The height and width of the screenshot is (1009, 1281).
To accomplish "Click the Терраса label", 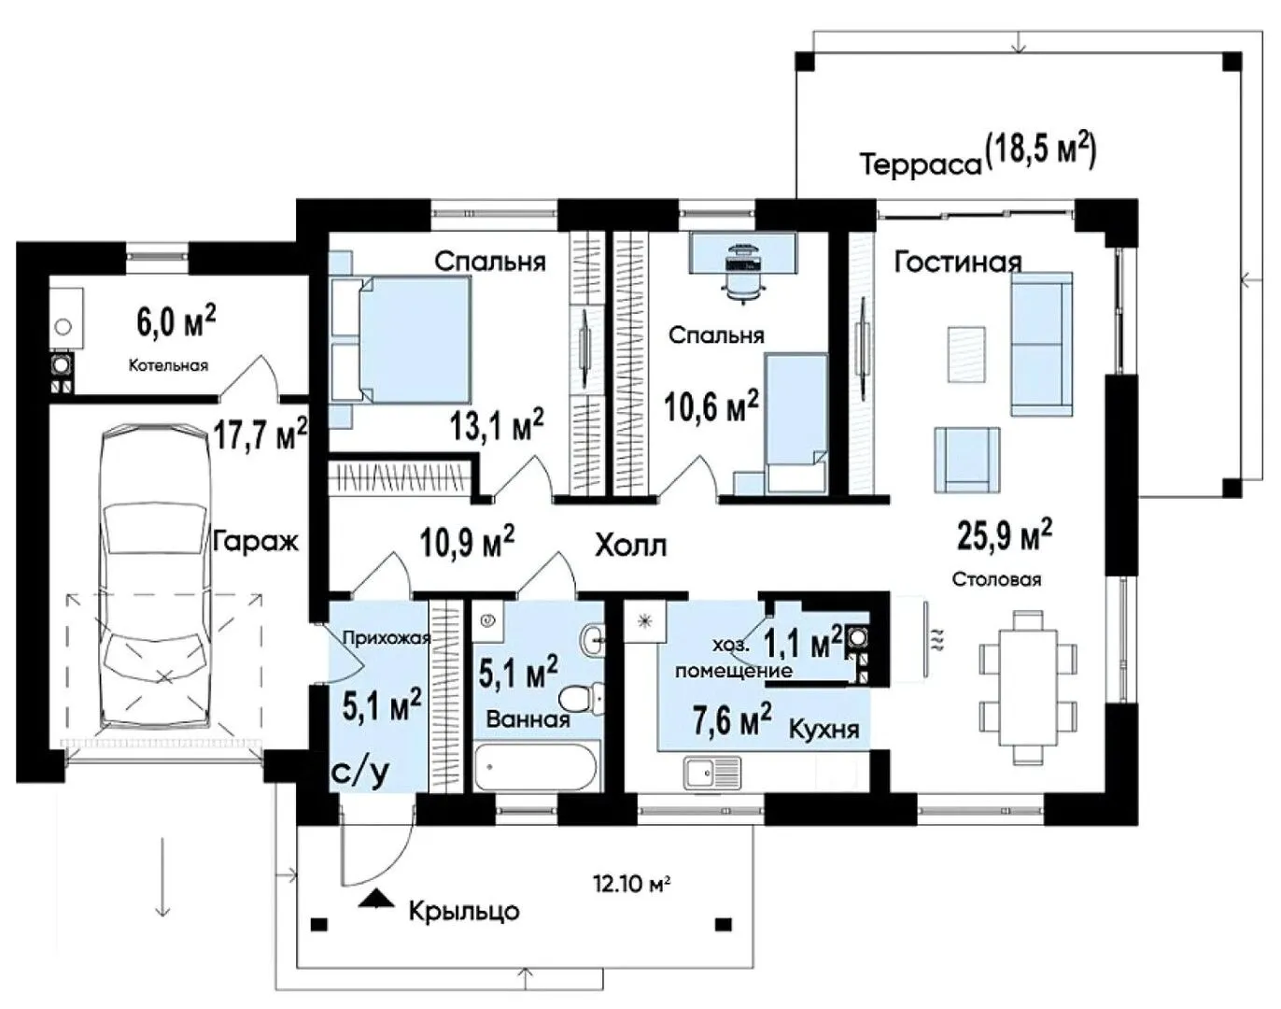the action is (921, 163).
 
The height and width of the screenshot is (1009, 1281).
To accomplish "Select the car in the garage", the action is (156, 576).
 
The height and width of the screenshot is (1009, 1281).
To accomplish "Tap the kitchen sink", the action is (712, 773).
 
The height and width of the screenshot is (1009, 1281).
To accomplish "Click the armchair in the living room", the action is (966, 460).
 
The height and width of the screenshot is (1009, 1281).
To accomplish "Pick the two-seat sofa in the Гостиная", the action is (1041, 344).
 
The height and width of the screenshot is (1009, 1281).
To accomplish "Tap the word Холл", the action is (631, 546).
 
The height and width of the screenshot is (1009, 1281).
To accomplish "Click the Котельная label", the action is (168, 365).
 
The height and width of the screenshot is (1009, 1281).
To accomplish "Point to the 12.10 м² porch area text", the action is (631, 884).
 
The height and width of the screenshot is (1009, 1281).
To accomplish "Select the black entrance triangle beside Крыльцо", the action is (376, 898).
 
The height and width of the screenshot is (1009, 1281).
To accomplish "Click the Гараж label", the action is (256, 542).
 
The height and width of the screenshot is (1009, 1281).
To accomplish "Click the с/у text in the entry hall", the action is (360, 773).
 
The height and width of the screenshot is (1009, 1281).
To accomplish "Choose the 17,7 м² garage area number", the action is (260, 433).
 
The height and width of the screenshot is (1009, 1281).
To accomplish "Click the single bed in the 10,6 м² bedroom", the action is (795, 423).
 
